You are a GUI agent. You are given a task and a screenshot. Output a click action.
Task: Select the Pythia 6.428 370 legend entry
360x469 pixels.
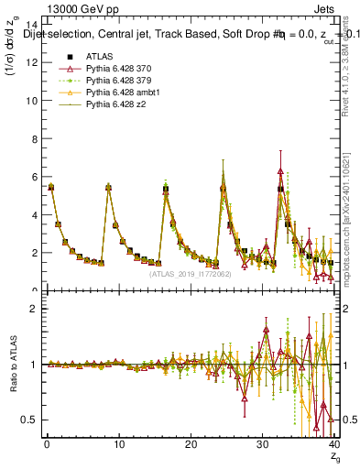[117, 69]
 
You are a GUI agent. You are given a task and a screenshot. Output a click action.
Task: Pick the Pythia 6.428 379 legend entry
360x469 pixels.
[117, 82]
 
